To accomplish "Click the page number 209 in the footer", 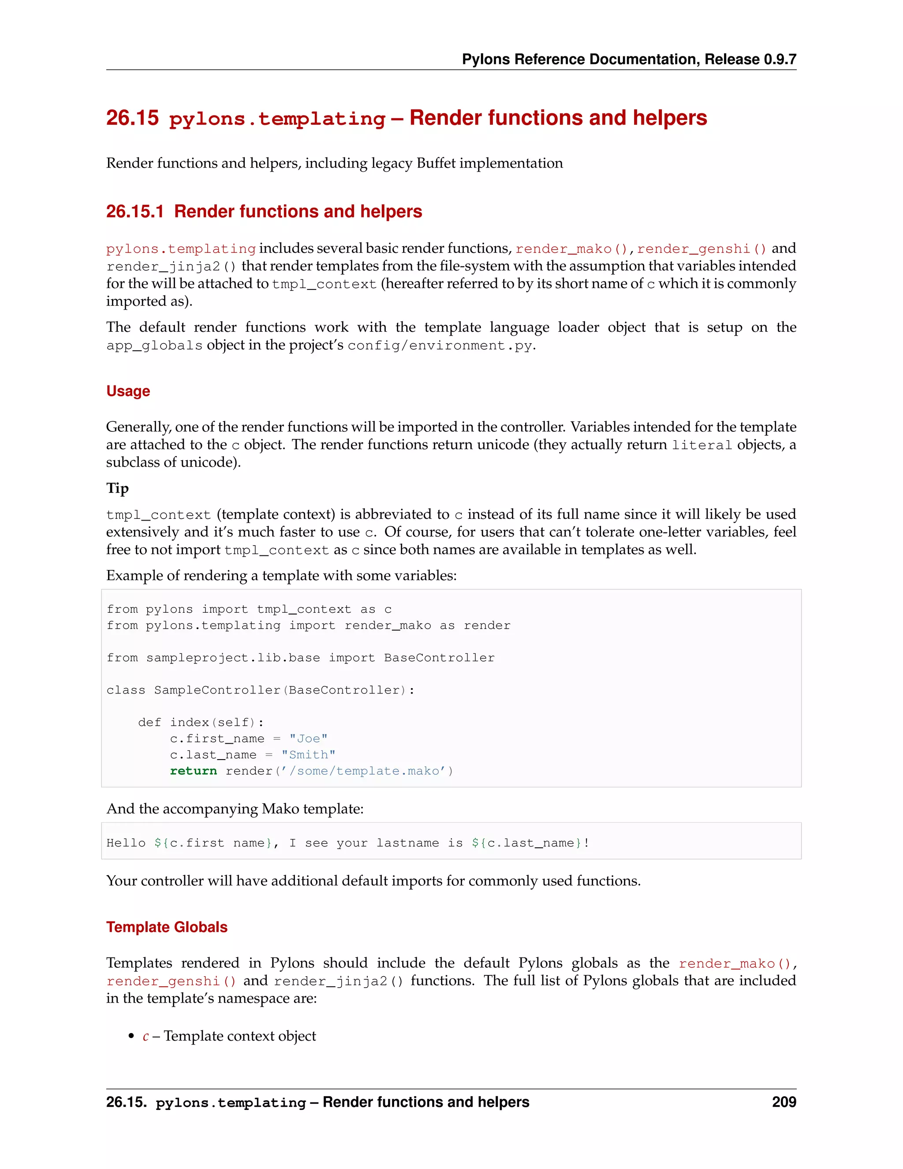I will click(784, 1102).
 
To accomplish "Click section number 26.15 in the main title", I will click(132, 118).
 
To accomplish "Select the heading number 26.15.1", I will click(135, 211).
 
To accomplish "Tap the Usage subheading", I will click(128, 391).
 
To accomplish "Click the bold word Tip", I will click(117, 488).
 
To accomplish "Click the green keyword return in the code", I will click(193, 771).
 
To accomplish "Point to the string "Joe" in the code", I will click(308, 738).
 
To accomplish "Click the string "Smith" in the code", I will click(308, 755).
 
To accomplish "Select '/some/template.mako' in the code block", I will click(364, 771).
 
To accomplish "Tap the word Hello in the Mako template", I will click(126, 843).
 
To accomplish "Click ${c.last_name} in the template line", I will click(526, 843).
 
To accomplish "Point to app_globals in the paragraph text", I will click(154, 346).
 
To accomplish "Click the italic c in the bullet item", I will click(146, 1036).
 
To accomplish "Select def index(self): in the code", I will click(201, 723).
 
